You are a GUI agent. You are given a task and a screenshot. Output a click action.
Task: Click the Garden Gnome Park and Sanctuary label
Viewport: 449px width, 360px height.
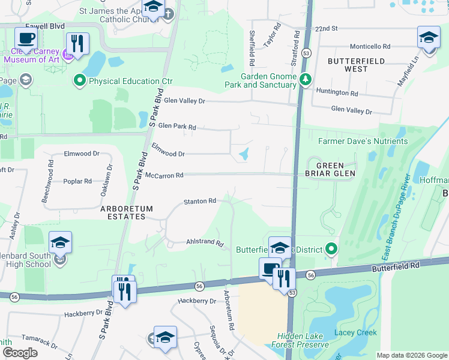coord(268,80)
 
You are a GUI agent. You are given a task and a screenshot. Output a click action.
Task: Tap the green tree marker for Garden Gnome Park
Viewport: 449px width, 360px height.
coord(306,79)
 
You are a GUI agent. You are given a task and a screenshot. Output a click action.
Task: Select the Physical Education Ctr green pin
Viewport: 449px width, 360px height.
coord(79,80)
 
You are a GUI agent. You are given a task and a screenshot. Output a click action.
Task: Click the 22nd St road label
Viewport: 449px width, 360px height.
coord(327,28)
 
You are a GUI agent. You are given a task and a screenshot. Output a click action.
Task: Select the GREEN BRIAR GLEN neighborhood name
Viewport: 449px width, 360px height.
coord(331,169)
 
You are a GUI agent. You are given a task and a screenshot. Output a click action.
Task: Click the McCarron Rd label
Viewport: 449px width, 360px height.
coord(164,175)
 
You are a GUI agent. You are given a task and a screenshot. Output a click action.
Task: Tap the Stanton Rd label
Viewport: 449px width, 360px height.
coord(199,201)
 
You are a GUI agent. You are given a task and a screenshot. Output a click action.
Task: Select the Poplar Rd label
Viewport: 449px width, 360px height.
coord(79,181)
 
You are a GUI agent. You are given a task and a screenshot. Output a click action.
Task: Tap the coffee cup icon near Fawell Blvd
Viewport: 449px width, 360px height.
coord(26,40)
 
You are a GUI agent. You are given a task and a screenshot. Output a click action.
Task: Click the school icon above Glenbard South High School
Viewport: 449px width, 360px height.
coord(60,243)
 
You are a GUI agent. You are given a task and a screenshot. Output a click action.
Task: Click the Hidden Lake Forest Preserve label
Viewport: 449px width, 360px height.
coord(303,341)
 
